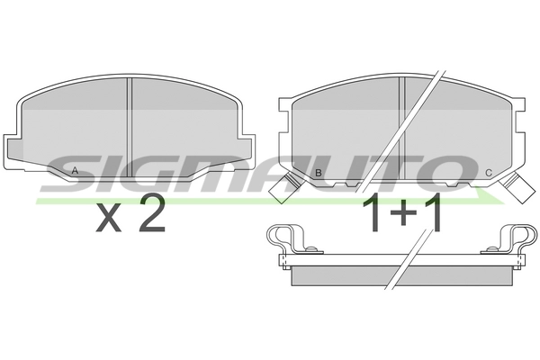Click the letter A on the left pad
click(x=75, y=172)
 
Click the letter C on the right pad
click(x=488, y=173)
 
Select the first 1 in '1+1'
click(x=371, y=214)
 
